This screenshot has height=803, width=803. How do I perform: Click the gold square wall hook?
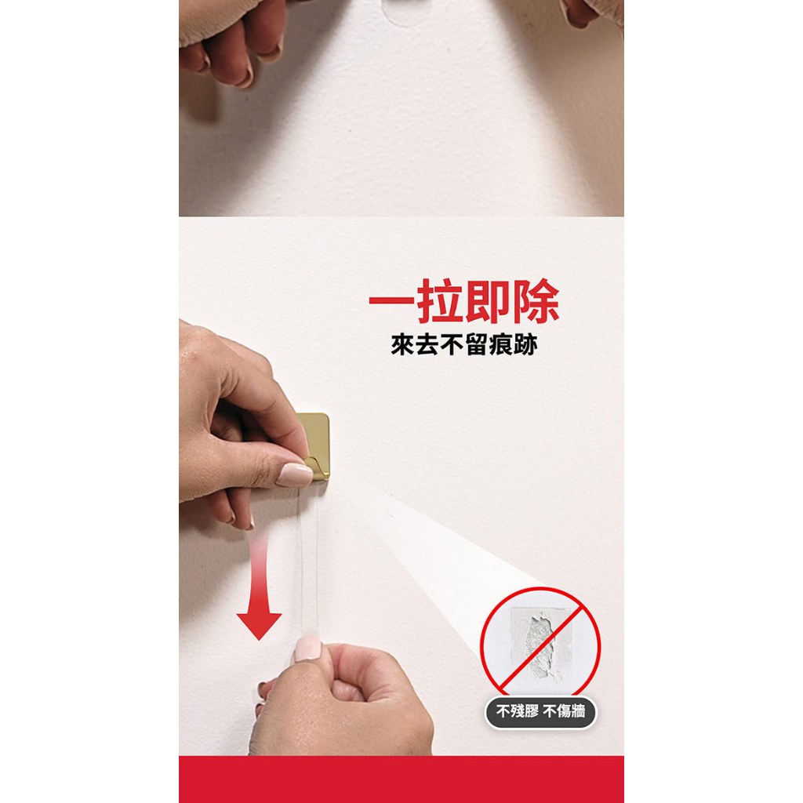314,445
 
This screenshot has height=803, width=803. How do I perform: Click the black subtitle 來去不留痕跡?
464,345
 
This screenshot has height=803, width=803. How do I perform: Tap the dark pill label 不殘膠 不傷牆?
540,712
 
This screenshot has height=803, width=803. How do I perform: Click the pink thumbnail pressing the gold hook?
294,474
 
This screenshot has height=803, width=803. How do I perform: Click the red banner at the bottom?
401,779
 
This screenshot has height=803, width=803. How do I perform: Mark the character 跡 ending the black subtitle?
526,345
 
